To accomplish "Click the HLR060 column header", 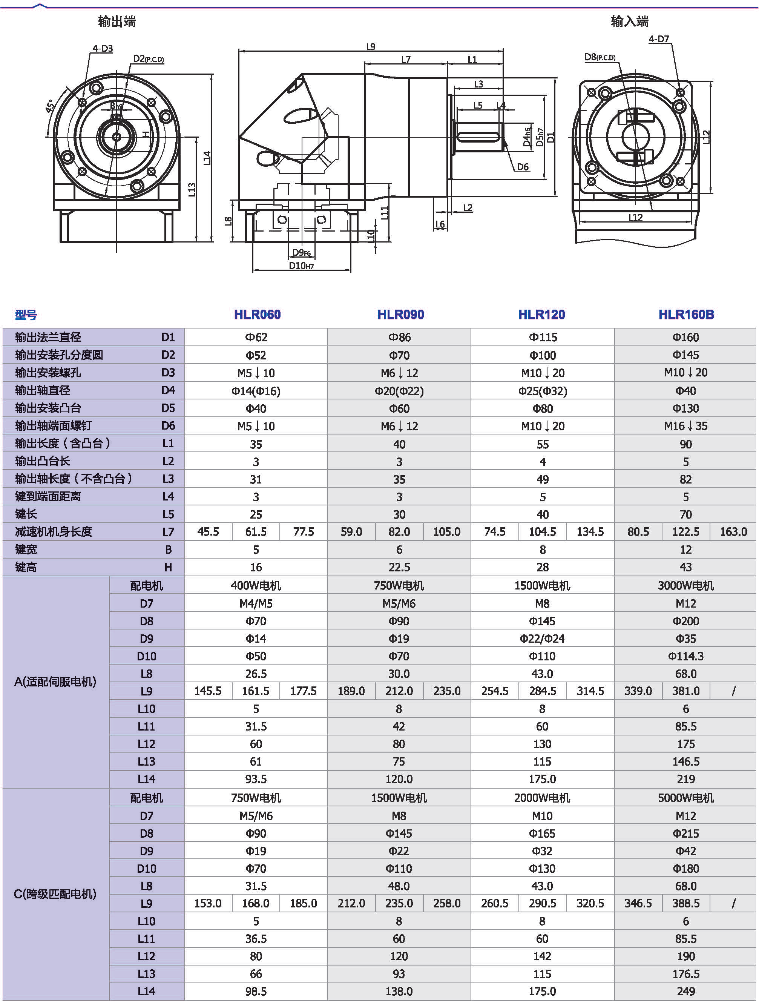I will coord(257,314).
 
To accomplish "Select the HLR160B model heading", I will coord(686,314).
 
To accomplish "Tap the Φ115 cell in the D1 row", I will coord(543,337).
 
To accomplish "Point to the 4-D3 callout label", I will coord(103,48).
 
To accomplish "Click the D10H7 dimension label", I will coord(301,266).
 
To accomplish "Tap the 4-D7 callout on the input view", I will coord(658,39).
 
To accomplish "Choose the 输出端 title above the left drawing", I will coord(117,21).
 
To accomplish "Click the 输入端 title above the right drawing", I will coord(629,21).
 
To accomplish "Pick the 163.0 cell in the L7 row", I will coord(733,532).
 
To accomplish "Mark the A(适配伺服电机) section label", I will coord(55,682).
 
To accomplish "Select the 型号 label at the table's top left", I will coord(26,315).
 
